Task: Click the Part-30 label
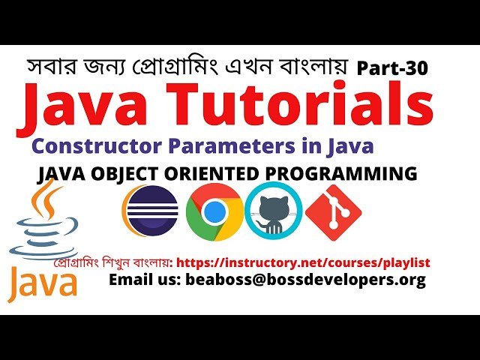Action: pyautogui.click(x=392, y=69)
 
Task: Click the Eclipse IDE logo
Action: pyautogui.click(x=150, y=211)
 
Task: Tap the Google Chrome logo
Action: pyautogui.click(x=214, y=213)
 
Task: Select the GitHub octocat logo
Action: pyautogui.click(x=273, y=211)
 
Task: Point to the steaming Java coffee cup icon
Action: pyautogui.click(x=41, y=225)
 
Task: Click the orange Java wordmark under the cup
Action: pyautogui.click(x=43, y=283)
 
